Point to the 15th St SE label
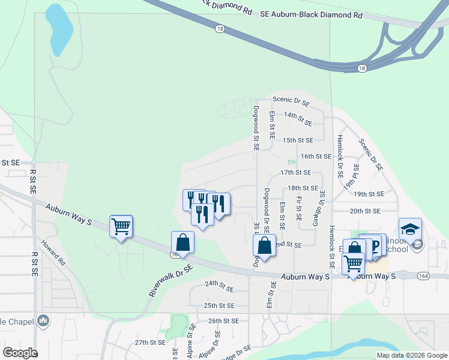click(298, 140)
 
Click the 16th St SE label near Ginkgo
click(316, 156)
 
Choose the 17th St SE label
click(295, 172)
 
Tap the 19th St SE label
click(369, 194)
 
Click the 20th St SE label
click(365, 211)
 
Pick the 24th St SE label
click(219, 287)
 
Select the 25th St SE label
click(218, 305)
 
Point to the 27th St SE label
click(149, 342)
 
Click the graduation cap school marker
click(410, 229)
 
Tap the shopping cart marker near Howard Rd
click(121, 227)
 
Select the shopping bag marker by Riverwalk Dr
click(183, 243)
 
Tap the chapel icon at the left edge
click(43, 322)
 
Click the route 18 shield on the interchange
click(361, 68)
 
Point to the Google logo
click(19, 352)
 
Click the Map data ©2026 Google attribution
click(412, 355)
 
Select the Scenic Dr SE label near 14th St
click(291, 101)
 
